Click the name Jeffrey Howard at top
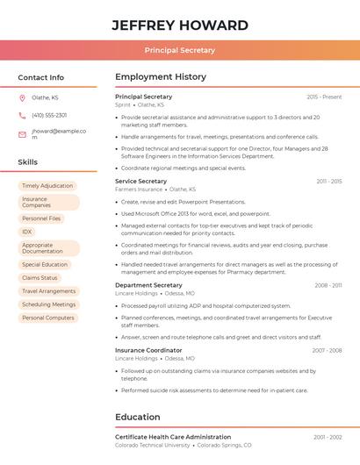tap(180, 25)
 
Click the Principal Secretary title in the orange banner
tap(180, 50)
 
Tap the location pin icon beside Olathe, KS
tap(22, 97)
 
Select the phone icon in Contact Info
tap(22, 115)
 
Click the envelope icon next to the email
tap(22, 134)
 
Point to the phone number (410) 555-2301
tap(49, 115)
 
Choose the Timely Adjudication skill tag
tap(47, 186)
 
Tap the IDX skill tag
tap(27, 232)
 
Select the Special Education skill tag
tap(45, 264)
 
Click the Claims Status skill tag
tap(40, 277)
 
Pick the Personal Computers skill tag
tap(48, 318)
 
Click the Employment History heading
tap(161, 77)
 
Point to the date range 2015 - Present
tap(324, 97)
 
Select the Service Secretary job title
tap(140, 181)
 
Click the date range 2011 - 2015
tap(329, 181)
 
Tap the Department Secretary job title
tap(148, 285)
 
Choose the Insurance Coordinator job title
tap(149, 350)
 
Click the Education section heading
tap(138, 417)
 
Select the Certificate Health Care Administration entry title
tap(173, 437)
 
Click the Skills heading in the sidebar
tap(28, 162)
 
